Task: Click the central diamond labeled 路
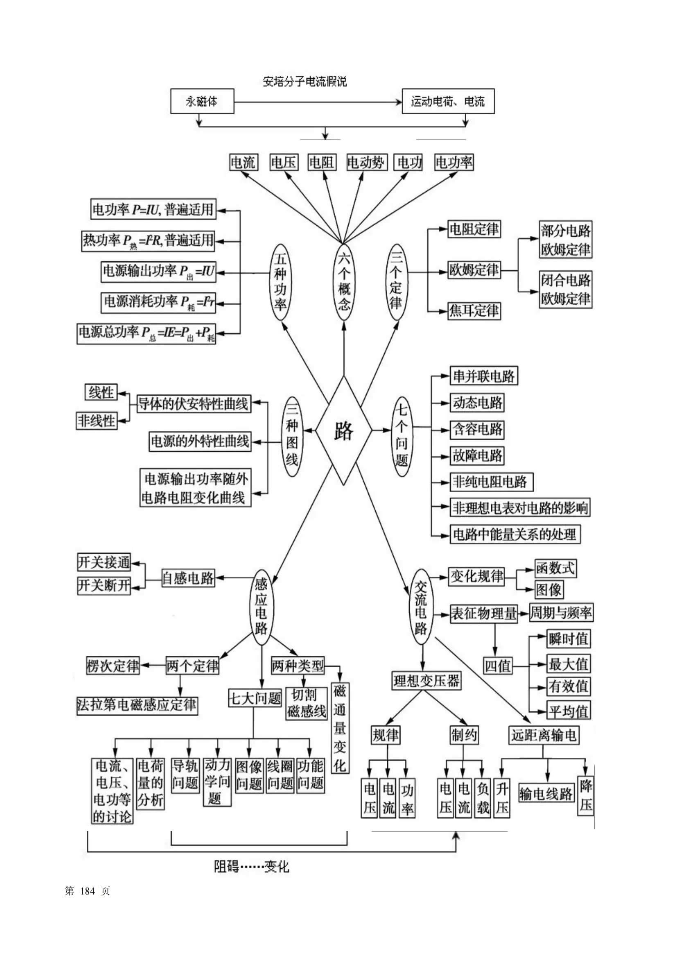343,430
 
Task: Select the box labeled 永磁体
202,102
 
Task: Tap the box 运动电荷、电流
448,102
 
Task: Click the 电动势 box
366,162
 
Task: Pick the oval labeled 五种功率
280,282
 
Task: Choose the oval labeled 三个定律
396,282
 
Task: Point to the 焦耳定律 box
474,311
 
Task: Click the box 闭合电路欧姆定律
565,290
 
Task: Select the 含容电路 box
477,429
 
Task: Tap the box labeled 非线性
96,420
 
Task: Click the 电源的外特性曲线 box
200,442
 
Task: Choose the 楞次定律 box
113,665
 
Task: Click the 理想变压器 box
426,681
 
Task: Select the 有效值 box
568,686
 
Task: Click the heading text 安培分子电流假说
305,82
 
